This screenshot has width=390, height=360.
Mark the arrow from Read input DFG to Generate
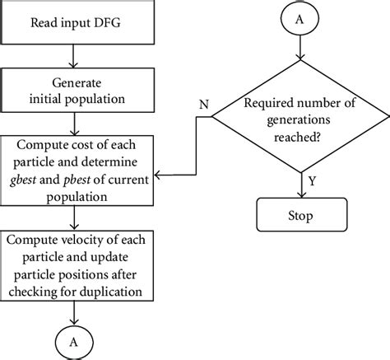(x=75, y=58)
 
